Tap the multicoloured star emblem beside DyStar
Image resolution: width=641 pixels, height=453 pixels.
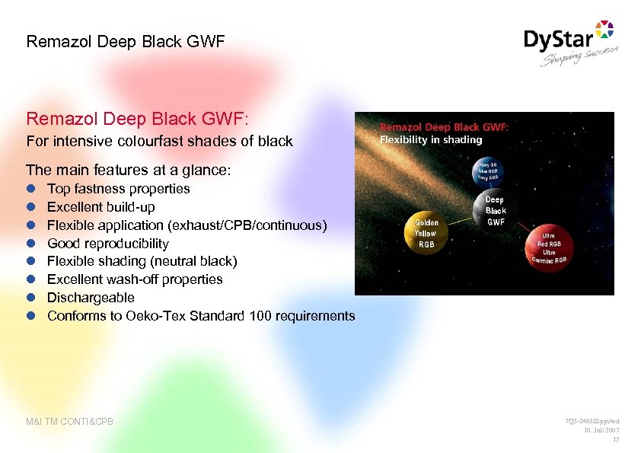click(x=603, y=31)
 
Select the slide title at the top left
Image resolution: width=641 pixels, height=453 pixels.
click(x=126, y=41)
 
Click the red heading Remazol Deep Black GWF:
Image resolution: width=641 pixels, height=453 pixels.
click(x=137, y=119)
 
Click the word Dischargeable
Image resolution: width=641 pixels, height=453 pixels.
click(x=91, y=298)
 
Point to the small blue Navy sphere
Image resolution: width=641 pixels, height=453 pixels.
click(x=488, y=172)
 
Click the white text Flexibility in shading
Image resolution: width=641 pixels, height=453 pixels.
click(x=431, y=139)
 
